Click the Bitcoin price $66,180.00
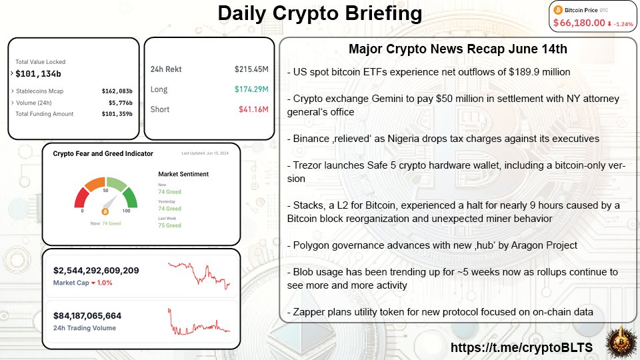(579, 23)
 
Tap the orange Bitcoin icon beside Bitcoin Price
(559, 10)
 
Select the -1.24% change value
(624, 23)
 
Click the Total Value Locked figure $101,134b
(38, 73)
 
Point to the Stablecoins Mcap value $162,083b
(117, 91)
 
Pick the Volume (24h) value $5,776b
(121, 103)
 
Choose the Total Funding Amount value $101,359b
(117, 114)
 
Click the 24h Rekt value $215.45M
(251, 69)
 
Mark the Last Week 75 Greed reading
(169, 225)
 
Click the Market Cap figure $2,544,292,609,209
(96, 271)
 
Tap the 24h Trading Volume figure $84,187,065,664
(87, 316)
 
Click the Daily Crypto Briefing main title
(320, 13)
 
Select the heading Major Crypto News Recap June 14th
(457, 50)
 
